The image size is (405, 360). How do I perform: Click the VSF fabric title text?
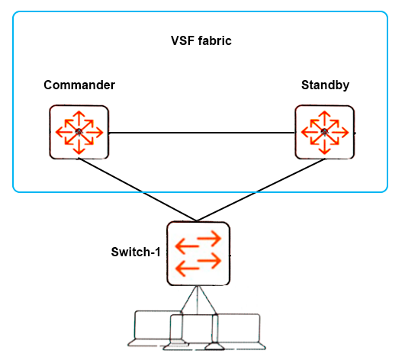pos(201,40)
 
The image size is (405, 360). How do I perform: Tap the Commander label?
pos(79,85)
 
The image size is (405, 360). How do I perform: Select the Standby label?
pos(325,85)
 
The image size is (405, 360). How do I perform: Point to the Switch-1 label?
pos(136,252)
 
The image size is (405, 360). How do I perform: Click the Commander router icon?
pos(79,132)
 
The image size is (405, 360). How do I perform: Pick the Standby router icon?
pos(325,132)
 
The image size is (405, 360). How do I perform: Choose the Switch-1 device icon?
pos(198,253)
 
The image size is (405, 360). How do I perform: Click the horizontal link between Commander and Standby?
pos(201,133)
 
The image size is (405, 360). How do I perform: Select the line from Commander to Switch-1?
pos(137,190)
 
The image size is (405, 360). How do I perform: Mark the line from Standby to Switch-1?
pos(261,190)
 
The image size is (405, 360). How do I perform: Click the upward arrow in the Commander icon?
pos(79,119)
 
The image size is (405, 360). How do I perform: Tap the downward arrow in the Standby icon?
pos(325,145)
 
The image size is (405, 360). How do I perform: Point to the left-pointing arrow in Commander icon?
pos(66,132)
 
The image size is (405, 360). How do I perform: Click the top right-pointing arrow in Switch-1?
pos(209,238)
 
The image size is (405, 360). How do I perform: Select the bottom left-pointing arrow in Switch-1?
pos(188,268)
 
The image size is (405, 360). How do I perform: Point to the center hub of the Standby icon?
pos(325,132)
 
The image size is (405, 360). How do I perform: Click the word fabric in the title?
pos(215,40)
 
